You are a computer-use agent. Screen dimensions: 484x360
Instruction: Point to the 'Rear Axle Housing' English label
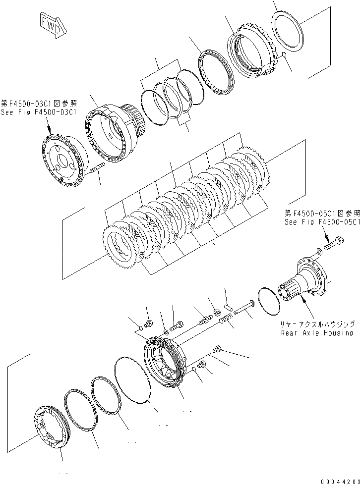coord(317,333)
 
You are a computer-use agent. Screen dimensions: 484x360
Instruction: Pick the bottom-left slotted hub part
coord(50,427)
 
